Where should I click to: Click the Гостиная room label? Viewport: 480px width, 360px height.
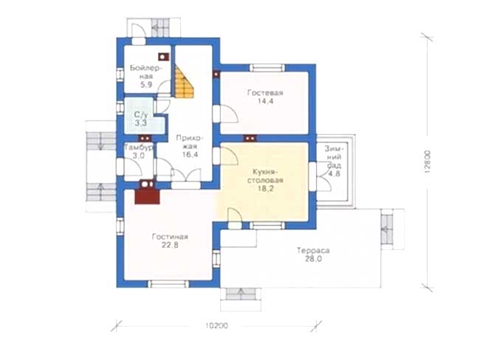(x=170, y=237)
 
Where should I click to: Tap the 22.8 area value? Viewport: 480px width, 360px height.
(x=170, y=245)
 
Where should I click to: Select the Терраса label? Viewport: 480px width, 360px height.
(x=313, y=251)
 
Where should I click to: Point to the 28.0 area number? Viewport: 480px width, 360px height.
(x=313, y=259)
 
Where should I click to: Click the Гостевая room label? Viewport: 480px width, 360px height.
(x=265, y=93)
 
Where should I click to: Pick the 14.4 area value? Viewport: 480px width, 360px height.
(x=265, y=101)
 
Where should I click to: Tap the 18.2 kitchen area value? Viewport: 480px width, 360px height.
(x=265, y=188)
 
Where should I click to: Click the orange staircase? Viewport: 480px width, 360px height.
(x=184, y=83)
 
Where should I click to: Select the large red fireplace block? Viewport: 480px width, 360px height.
(x=147, y=196)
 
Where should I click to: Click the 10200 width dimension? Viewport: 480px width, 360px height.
(x=216, y=326)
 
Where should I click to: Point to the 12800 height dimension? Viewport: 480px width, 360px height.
(x=428, y=162)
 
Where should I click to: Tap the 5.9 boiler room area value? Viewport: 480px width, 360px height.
(x=146, y=85)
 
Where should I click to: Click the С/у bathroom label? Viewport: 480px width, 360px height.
(x=141, y=115)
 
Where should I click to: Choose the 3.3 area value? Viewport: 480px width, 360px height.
(x=141, y=123)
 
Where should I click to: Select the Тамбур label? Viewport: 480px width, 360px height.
(x=139, y=148)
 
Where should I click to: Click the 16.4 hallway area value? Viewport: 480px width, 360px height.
(x=190, y=155)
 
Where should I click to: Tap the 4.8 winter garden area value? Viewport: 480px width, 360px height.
(x=335, y=174)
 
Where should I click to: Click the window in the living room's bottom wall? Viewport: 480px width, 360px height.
(x=168, y=284)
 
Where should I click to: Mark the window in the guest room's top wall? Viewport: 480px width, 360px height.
(x=267, y=68)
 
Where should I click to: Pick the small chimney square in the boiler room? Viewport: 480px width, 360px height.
(x=163, y=57)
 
